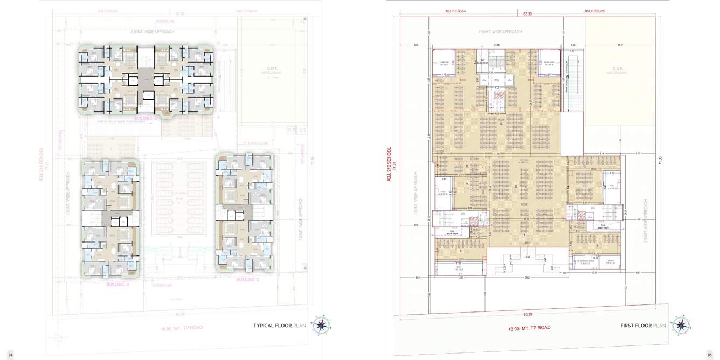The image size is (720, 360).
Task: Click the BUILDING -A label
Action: [117, 284]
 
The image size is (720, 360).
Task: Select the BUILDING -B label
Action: [146, 118]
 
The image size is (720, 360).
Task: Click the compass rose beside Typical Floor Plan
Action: [322, 324]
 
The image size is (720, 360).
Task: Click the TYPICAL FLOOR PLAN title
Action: [279, 326]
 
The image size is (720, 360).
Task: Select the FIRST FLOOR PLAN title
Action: [643, 326]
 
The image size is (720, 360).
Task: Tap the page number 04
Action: [10, 354]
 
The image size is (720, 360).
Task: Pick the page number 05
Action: [709, 354]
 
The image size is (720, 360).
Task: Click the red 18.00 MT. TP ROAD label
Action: [529, 328]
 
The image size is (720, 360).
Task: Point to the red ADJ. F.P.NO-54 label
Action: [455, 11]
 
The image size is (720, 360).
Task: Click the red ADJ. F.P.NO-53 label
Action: [595, 11]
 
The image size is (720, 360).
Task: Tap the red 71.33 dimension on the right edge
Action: [661, 161]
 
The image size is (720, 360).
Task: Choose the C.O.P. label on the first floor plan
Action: [618, 68]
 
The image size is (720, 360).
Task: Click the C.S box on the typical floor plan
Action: [292, 130]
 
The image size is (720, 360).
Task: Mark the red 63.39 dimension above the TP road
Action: [527, 314]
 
